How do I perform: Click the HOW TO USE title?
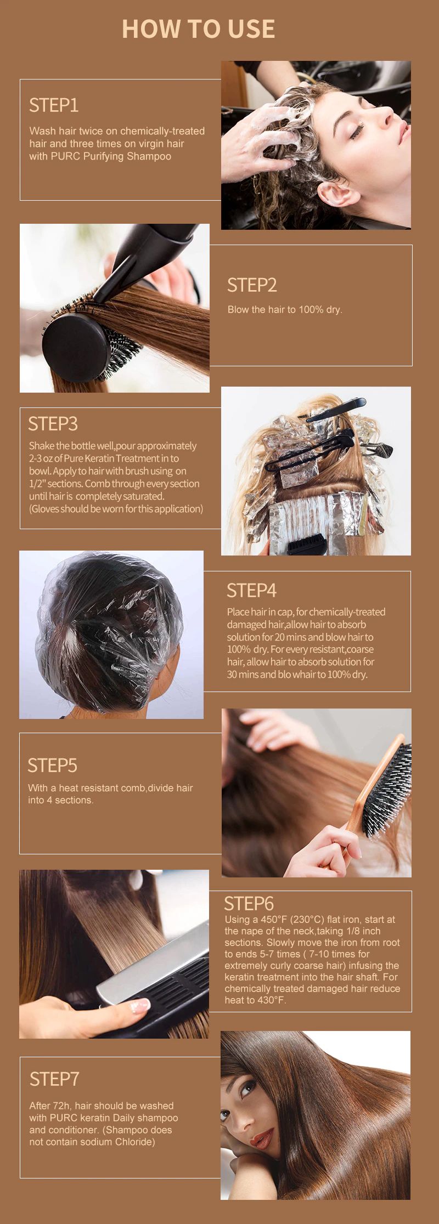(198, 29)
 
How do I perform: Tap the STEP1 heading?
(54, 105)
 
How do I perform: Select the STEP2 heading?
(252, 285)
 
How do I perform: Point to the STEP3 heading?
(53, 423)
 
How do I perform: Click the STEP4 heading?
(251, 590)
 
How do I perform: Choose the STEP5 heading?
(52, 765)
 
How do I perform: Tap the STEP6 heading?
(249, 903)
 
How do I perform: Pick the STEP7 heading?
(54, 1079)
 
